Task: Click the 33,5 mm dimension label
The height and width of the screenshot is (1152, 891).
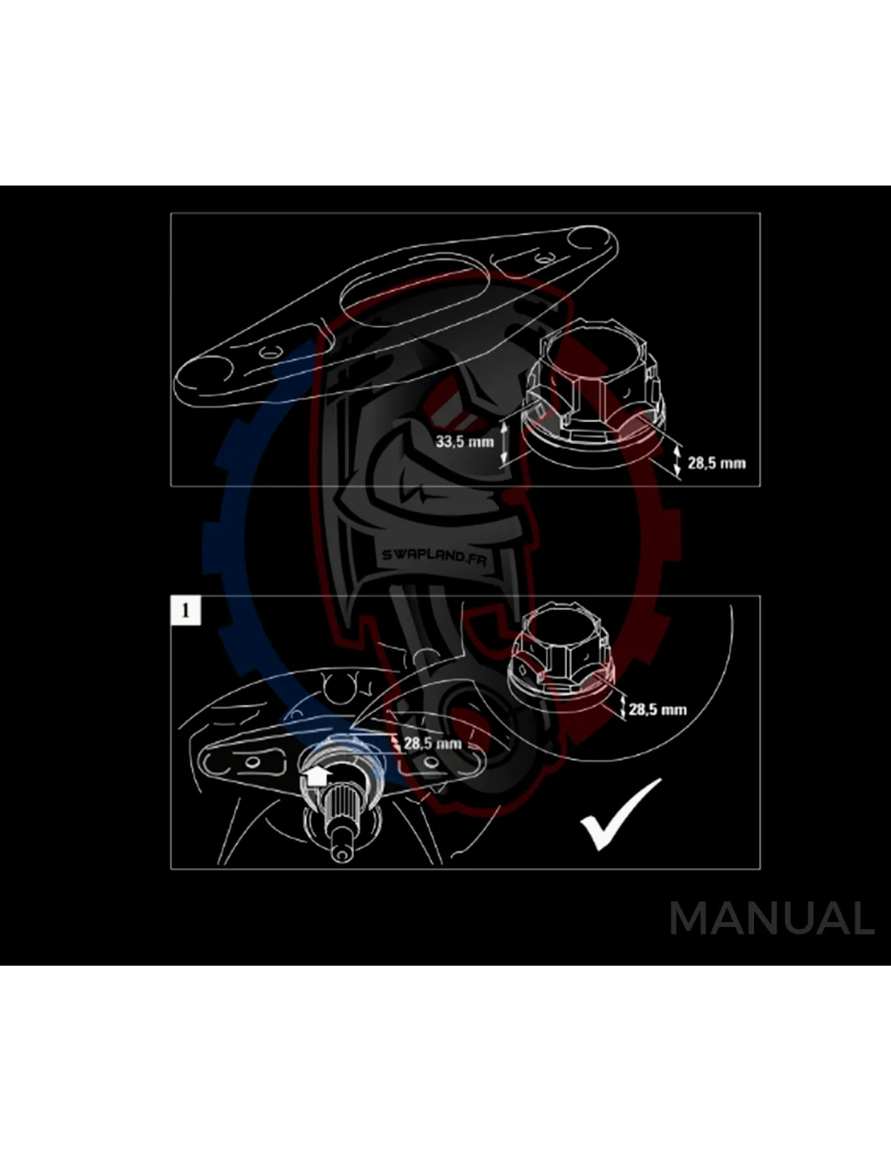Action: point(464,442)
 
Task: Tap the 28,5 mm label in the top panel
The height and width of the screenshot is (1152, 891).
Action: point(716,463)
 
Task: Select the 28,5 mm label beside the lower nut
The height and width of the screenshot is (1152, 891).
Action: point(657,709)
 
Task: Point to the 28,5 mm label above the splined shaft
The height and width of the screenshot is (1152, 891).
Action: point(433,743)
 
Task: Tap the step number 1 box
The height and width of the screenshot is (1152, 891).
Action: point(185,610)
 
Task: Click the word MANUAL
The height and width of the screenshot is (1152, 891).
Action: point(772,919)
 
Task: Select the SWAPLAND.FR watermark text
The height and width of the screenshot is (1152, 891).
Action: point(434,556)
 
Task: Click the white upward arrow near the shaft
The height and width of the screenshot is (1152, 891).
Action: point(316,775)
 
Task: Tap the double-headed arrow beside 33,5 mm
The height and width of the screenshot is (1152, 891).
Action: point(504,442)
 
